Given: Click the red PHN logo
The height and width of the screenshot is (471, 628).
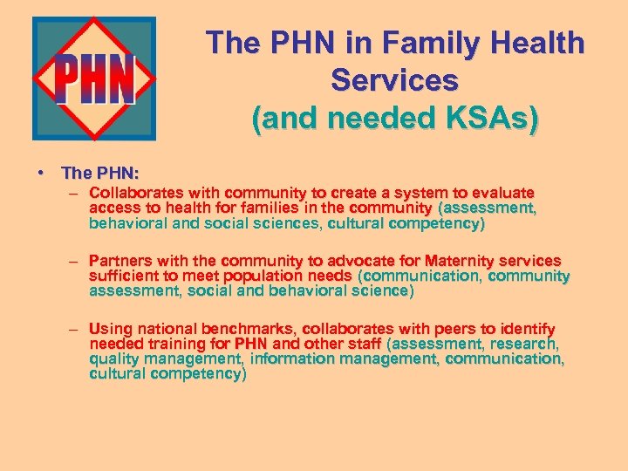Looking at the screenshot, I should [x=94, y=78].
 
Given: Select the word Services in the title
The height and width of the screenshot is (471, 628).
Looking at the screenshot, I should [x=394, y=80].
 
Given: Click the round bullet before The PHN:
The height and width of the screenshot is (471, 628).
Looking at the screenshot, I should [x=41, y=174].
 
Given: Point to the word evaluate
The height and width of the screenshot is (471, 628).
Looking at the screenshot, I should [x=504, y=193].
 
